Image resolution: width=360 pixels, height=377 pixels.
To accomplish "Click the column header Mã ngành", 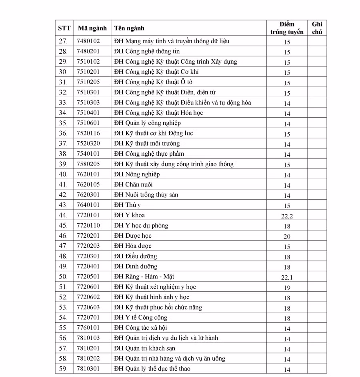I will tap(92, 28).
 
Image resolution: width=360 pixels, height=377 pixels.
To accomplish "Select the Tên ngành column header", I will tap(129, 28).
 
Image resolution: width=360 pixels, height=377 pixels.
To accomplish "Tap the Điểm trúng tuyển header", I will tap(287, 28).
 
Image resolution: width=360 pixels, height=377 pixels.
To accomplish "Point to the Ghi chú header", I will tap(317, 28).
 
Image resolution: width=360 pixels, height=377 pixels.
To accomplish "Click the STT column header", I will tap(64, 28).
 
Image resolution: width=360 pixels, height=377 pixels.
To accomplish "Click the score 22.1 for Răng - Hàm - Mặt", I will tap(287, 277).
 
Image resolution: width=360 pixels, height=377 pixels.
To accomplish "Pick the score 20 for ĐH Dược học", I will tap(287, 237).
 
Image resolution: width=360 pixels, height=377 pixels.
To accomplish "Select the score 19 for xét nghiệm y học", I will tap(287, 288).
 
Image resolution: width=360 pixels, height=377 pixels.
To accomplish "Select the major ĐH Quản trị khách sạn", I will tap(145, 349).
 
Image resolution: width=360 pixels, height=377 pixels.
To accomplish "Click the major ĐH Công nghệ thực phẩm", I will tap(149, 154).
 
